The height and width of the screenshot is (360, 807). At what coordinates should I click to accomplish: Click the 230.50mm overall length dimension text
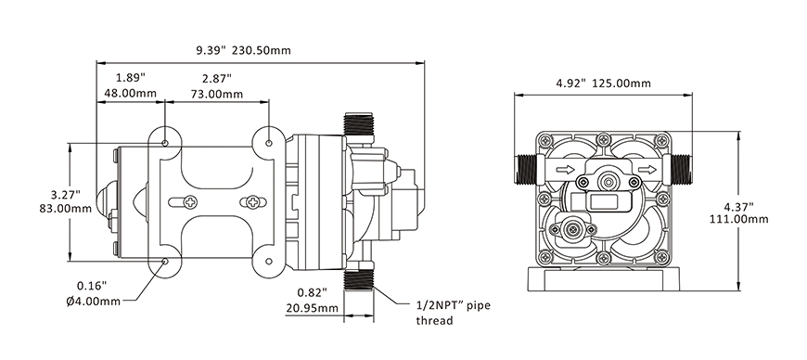262,50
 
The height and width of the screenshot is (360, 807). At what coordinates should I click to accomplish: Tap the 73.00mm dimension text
217,95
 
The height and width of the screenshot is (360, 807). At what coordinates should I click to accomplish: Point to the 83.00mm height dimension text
65,209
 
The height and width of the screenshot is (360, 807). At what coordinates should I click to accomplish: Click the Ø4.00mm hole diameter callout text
93,301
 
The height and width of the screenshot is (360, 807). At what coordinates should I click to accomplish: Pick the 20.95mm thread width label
312,308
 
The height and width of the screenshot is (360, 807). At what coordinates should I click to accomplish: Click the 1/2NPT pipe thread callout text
453,313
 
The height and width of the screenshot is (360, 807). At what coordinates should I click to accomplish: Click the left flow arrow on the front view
565,170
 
